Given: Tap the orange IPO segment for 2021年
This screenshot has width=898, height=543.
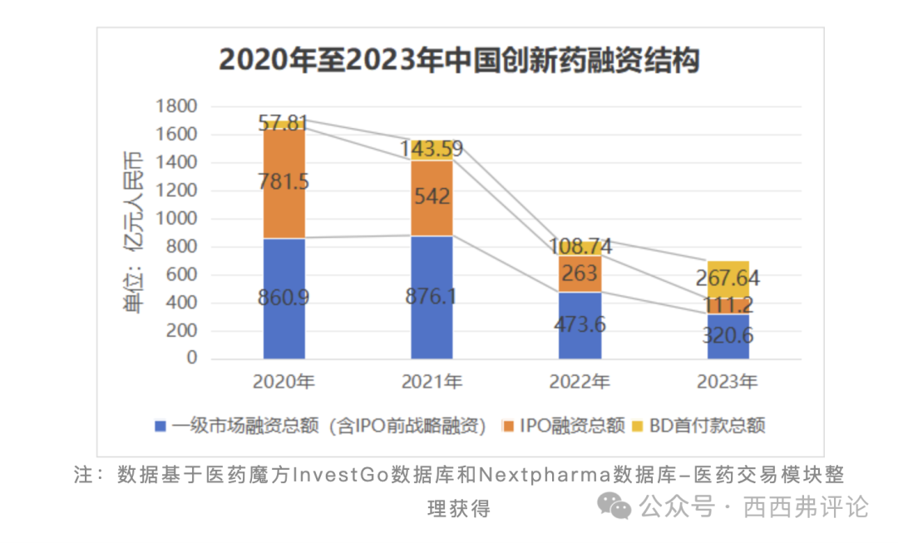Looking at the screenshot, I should pos(432,198).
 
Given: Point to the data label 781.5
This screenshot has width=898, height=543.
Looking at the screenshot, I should pos(284,181).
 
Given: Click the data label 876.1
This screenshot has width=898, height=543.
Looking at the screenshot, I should pos(432,296).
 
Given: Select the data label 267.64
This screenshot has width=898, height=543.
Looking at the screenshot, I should pos(728,279).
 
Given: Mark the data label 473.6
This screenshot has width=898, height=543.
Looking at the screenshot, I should pos(580,323).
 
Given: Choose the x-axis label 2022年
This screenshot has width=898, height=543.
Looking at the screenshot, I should pos(580,383).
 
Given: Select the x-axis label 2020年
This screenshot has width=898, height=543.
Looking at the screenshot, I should pos(284,383).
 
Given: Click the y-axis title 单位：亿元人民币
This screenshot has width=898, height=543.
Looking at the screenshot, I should pos(132,232).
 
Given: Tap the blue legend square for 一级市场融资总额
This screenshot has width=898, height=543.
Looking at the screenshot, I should pos(163,427).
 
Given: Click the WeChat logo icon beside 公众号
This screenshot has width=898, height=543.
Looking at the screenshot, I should pos(618,505).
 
